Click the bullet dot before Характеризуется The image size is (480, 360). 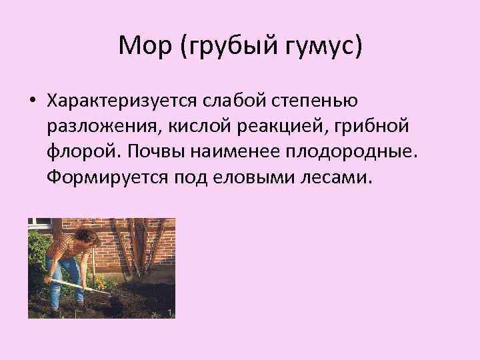pos(31,101)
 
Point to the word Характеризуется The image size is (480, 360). pos(119,101)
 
